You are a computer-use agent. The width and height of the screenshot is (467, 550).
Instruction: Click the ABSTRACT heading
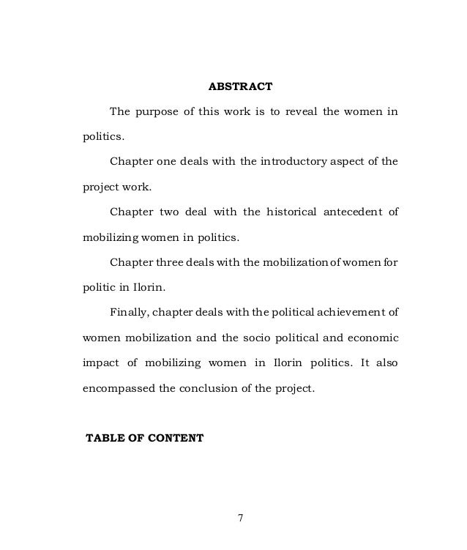240,86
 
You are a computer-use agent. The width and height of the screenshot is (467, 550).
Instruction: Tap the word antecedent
348,212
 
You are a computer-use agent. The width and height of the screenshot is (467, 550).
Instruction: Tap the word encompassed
115,390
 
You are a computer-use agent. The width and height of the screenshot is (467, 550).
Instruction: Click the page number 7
240,519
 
